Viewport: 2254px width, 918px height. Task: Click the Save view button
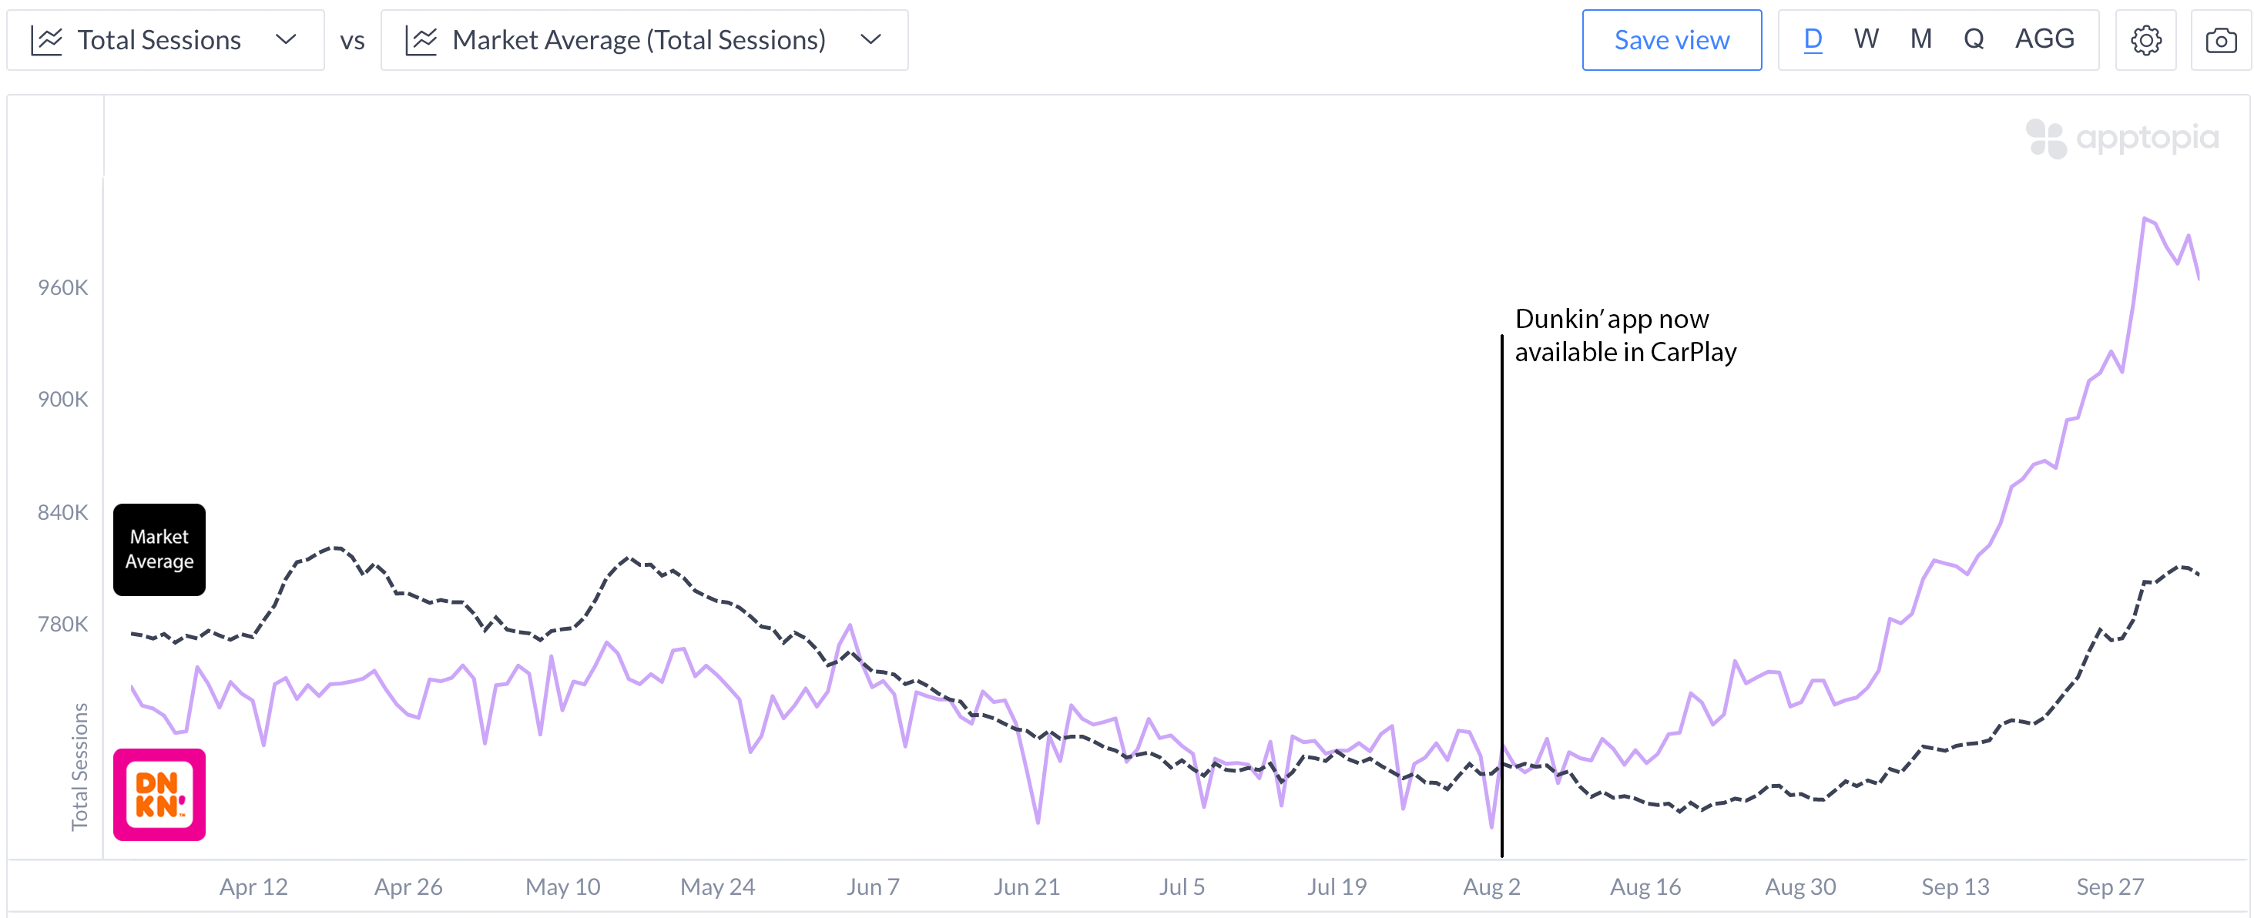coord(1672,40)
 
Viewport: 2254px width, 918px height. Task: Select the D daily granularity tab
coord(1812,39)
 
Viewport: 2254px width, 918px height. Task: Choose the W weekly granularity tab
coord(1866,39)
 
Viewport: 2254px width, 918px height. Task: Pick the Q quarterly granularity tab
coord(1973,39)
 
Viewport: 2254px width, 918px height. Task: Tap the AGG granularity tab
coord(2044,39)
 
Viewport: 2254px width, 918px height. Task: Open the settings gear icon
coord(2145,40)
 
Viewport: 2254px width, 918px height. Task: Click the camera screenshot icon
coord(2221,40)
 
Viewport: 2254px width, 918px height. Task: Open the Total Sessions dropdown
coord(166,40)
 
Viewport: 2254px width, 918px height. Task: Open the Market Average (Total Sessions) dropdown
coord(644,40)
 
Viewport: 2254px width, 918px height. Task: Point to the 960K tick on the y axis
coord(63,288)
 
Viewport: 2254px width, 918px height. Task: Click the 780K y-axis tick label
coord(63,624)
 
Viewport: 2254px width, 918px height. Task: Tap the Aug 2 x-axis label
coord(1491,886)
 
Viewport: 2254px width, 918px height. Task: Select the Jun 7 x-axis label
coord(872,886)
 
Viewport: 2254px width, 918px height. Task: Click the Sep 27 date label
coord(2110,886)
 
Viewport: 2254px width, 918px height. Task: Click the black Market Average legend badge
coord(159,550)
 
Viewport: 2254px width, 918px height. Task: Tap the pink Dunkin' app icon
coord(159,795)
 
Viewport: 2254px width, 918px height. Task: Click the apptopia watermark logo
coord(2122,139)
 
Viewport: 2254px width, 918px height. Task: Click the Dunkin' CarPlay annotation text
coord(1624,335)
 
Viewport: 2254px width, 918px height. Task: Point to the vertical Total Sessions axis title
coord(79,766)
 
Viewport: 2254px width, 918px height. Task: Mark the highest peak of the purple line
coord(2144,218)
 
